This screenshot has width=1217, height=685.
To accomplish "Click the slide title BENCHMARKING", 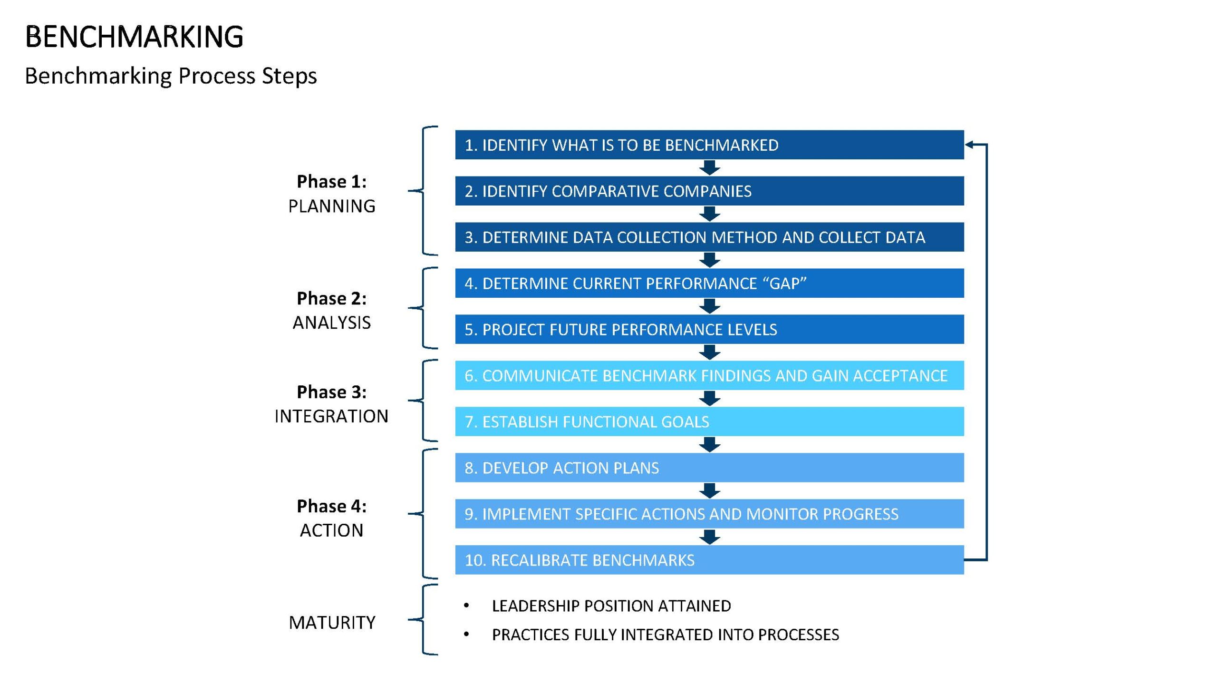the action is coord(134,37).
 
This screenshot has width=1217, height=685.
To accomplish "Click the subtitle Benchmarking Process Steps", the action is coord(171,76).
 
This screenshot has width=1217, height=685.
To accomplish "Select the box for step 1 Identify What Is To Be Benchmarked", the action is coord(709,145).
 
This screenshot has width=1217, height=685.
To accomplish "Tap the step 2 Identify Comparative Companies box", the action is coord(709,191).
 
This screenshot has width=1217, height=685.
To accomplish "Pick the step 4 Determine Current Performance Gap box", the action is coord(709,283).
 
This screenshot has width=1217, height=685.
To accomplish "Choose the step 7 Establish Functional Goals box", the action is coord(709,421).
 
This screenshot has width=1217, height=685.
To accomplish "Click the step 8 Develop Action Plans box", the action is coord(709,468).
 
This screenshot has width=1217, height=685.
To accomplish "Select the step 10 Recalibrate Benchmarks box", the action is coord(709,560).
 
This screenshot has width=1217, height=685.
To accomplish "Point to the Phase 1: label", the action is coord(332,181).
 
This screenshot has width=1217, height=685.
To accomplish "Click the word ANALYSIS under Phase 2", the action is coord(332,323).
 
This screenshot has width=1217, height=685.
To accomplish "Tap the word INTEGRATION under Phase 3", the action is coord(332,416).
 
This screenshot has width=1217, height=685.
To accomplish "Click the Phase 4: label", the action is coord(332,506).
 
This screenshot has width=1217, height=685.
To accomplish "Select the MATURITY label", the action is coord(332,623).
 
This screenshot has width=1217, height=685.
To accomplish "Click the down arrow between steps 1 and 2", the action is coord(710,167).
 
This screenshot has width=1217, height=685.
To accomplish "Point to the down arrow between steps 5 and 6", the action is coord(710,352).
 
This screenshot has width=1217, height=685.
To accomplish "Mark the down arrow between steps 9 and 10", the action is coord(710,537).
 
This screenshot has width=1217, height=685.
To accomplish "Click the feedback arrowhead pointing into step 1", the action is coord(969,145).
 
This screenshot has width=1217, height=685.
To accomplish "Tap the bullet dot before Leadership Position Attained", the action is coord(466,606).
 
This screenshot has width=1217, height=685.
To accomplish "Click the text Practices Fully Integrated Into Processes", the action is coord(666,635).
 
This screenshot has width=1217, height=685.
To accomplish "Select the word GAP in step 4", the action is coord(785,284).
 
